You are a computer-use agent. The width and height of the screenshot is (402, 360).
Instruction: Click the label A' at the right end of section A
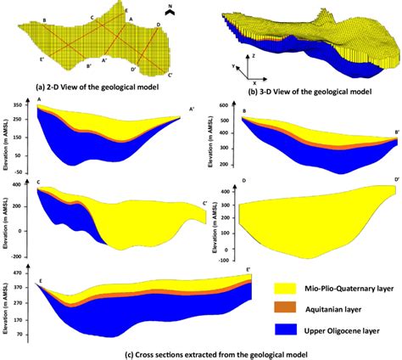pyautogui.click(x=191, y=109)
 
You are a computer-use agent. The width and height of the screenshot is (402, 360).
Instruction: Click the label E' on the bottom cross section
pyautogui.click(x=247, y=269)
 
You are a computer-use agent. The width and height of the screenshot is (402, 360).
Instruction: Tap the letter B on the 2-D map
pyautogui.click(x=43, y=19)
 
